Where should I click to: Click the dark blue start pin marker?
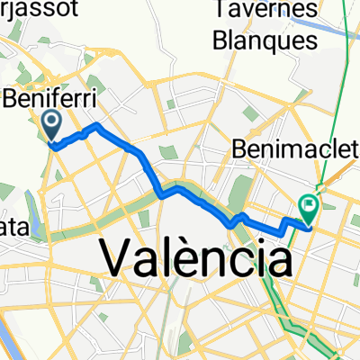pos(51,124)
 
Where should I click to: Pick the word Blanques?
pos(267,40)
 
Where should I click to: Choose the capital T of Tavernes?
pos(227,13)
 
